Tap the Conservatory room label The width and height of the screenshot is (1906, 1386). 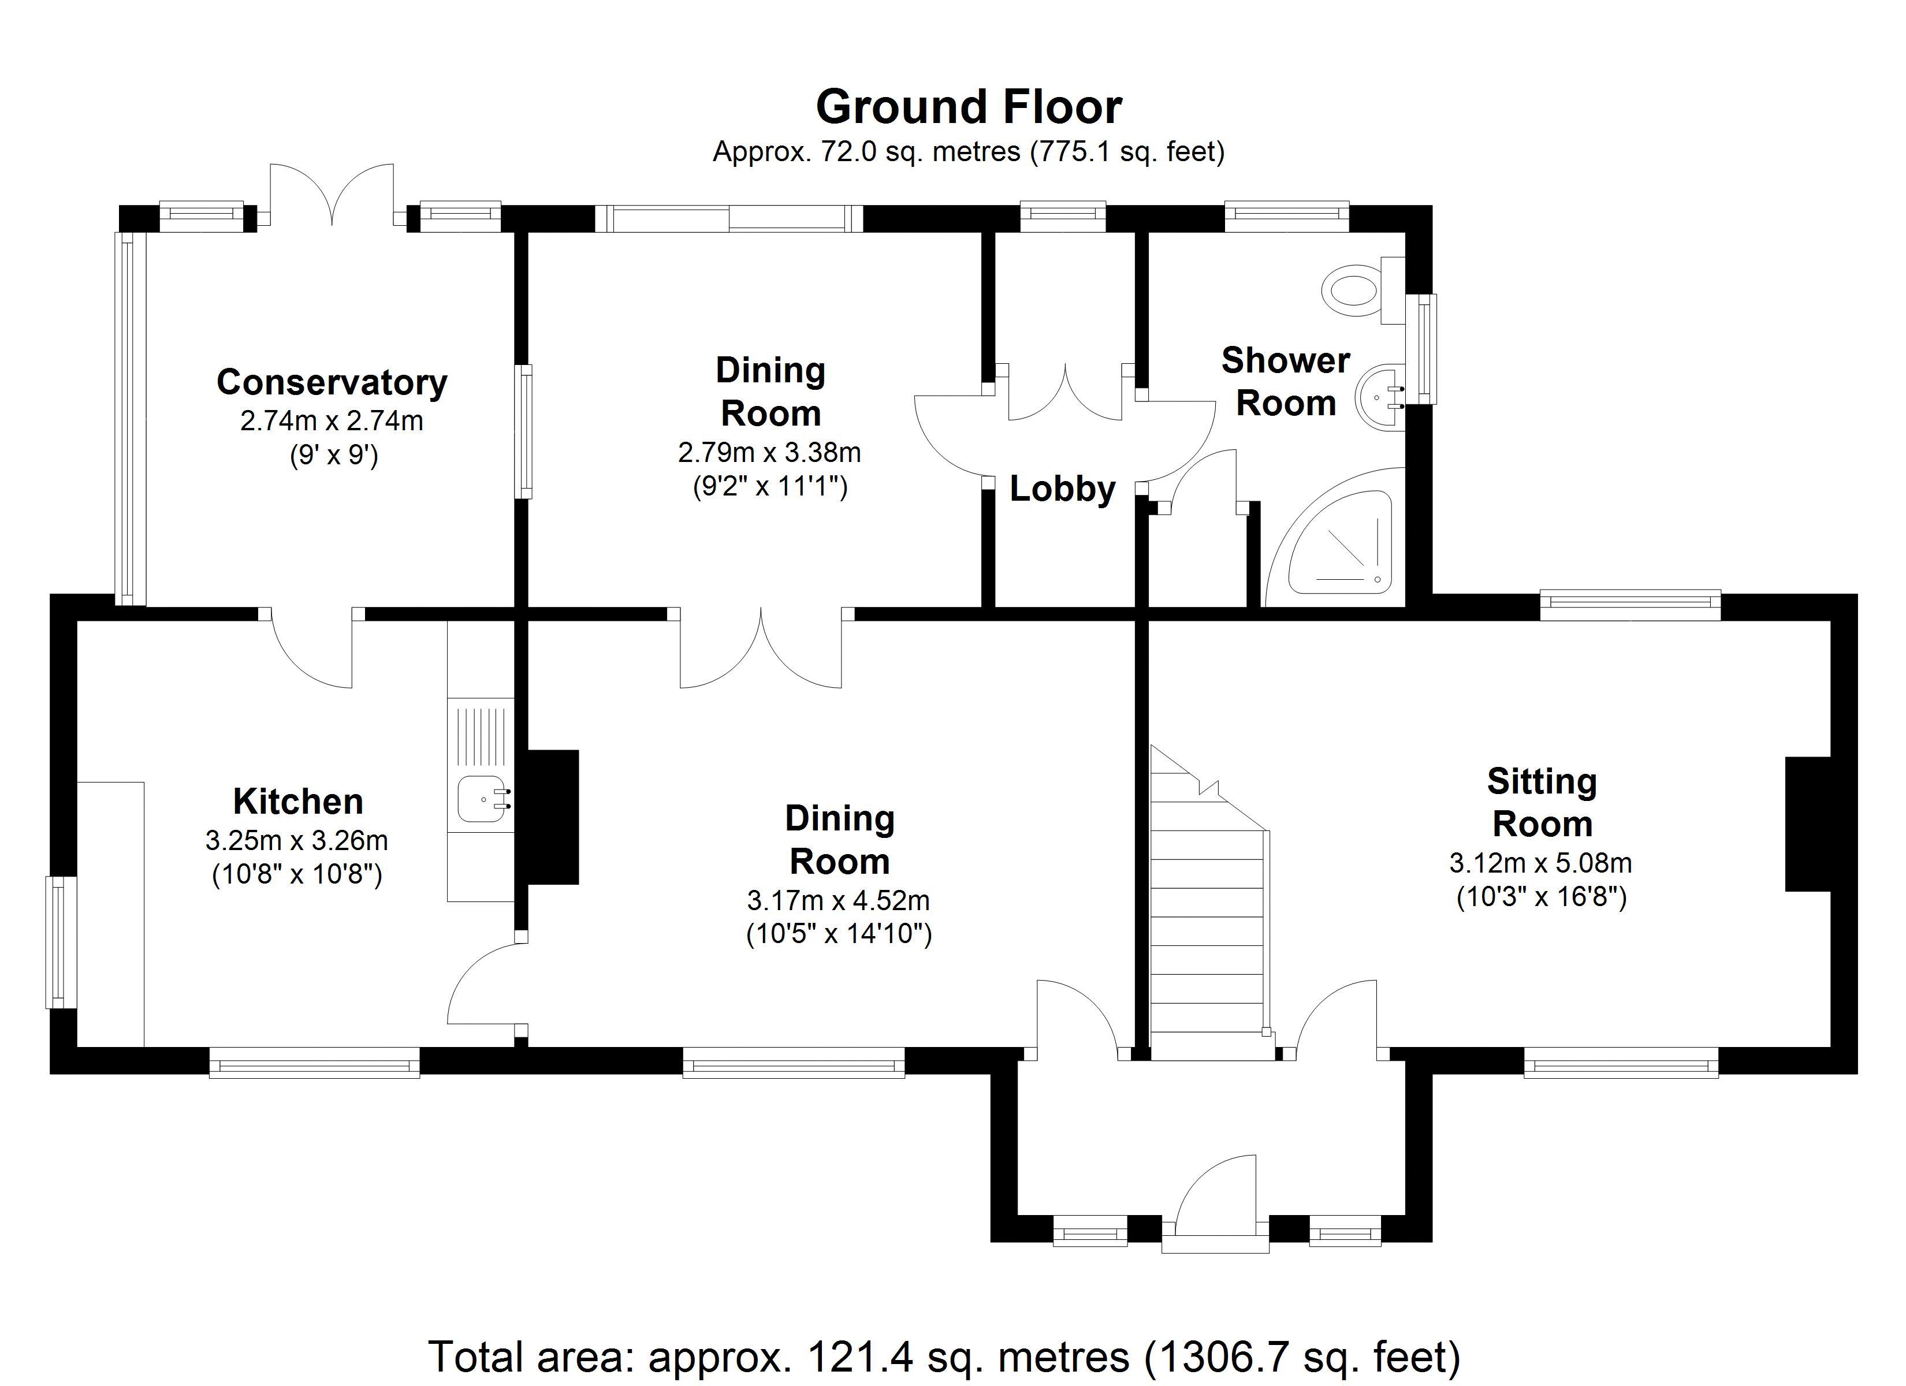332,382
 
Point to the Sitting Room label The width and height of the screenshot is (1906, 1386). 1542,803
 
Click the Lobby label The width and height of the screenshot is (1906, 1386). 1062,489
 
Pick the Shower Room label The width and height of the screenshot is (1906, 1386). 1285,382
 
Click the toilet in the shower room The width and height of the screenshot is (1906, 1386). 1355,290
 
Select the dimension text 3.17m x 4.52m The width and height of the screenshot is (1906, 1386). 838,901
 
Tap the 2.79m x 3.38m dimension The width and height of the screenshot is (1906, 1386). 769,453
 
